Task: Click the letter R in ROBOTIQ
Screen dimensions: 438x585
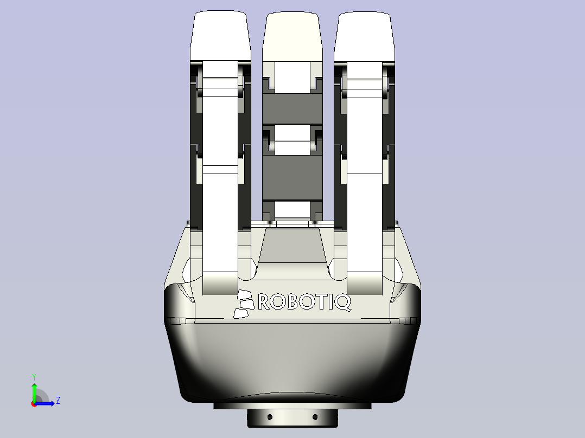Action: (x=265, y=302)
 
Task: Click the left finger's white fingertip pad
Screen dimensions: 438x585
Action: (x=220, y=35)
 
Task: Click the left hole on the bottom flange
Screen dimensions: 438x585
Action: (x=270, y=417)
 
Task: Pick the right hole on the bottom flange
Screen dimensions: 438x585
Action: (x=315, y=417)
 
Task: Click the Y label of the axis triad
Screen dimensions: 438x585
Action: (x=34, y=376)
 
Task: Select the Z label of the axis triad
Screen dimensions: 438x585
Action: (x=58, y=401)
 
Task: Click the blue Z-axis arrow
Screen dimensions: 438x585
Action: (x=46, y=403)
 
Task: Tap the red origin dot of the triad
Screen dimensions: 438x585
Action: (x=34, y=403)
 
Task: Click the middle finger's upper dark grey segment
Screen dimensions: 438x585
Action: (x=292, y=108)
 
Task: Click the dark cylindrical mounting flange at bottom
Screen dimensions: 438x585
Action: (x=292, y=418)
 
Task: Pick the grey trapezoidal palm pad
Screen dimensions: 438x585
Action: (x=292, y=247)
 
